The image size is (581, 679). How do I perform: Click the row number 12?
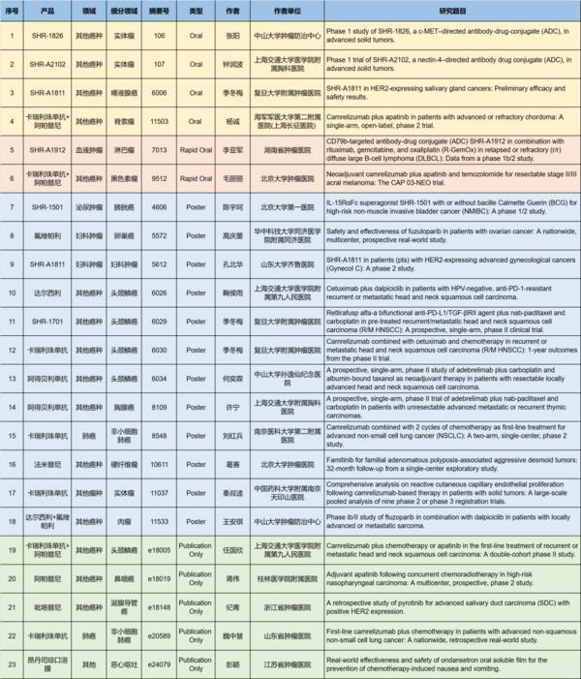point(11,350)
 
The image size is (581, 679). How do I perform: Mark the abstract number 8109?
point(158,407)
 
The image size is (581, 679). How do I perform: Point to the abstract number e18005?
point(158,551)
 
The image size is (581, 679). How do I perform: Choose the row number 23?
point(11,665)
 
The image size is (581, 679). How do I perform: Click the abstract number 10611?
point(158,465)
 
